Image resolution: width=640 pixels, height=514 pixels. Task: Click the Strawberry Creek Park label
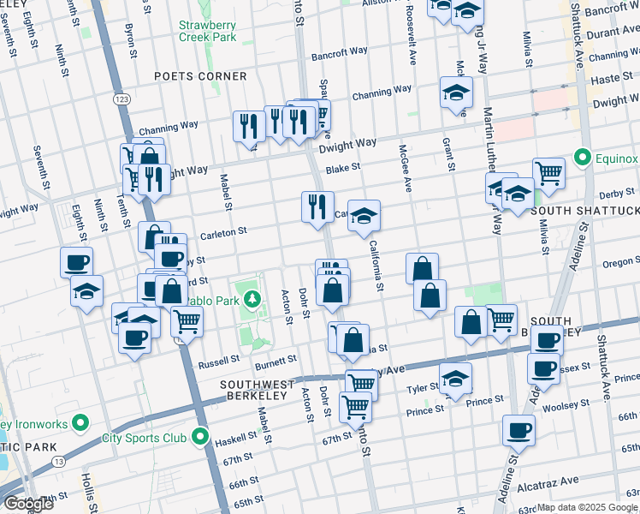tap(207, 31)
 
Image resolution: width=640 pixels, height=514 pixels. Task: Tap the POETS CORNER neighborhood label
tap(200, 76)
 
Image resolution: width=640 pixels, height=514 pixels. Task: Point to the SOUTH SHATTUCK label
tap(585, 210)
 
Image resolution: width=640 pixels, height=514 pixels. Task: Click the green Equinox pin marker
tap(583, 158)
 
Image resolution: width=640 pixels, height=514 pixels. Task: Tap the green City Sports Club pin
tap(202, 438)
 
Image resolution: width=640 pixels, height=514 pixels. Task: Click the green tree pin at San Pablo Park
tap(252, 299)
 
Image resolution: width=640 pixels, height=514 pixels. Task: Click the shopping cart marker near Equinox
tap(548, 173)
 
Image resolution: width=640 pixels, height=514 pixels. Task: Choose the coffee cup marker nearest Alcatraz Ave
tap(517, 430)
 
